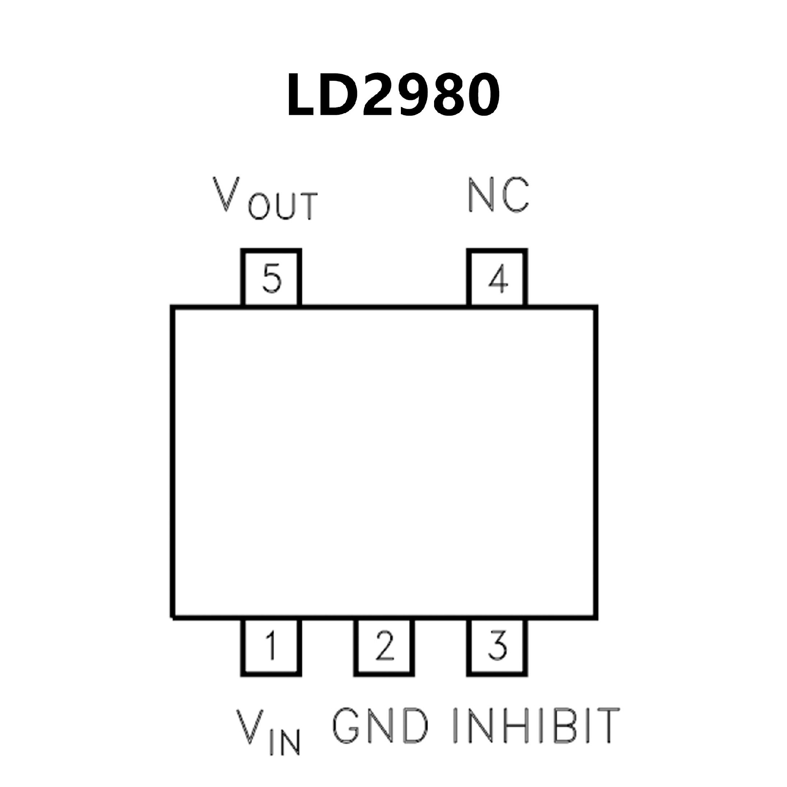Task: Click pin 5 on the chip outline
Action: (x=271, y=278)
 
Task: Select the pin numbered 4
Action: (x=497, y=278)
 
